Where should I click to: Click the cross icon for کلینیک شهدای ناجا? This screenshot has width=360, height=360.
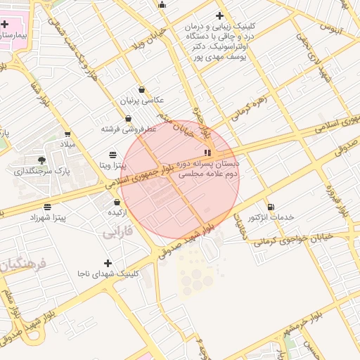107,262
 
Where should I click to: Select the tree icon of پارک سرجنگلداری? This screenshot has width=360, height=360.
41,160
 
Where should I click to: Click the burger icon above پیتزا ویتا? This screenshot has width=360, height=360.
113,155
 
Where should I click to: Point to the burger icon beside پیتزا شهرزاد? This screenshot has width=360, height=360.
47,207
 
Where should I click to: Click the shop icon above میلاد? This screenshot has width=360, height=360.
67,134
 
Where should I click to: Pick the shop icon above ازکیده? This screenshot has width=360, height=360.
116,202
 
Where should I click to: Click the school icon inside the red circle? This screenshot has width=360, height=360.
207,152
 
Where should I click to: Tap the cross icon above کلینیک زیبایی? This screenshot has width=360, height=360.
220,15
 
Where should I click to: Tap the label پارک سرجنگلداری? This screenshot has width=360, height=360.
43,171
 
